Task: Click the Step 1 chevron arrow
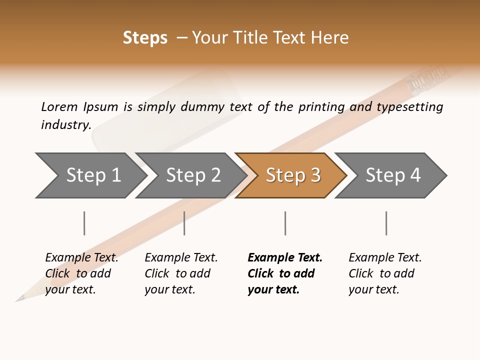(92, 175)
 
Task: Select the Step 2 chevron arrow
(192, 175)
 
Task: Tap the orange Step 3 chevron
(292, 175)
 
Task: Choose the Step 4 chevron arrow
(392, 175)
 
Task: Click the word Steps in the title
(145, 38)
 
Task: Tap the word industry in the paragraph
(65, 124)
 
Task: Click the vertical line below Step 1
(84, 223)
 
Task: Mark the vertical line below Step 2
(184, 223)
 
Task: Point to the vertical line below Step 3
(285, 223)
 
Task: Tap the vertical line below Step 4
(386, 223)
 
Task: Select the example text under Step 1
(81, 273)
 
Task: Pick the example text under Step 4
(385, 273)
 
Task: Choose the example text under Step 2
(181, 273)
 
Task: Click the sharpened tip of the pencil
(19, 299)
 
